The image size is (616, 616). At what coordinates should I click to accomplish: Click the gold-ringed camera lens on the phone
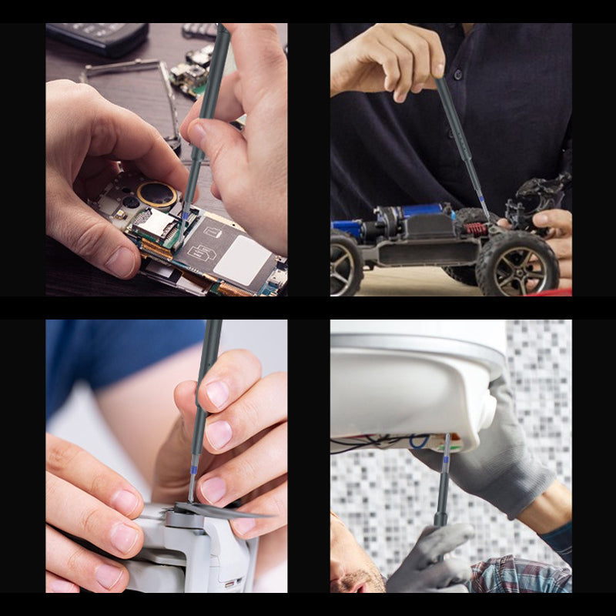pyautogui.click(x=156, y=194)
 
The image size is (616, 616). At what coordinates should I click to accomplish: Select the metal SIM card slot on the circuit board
pyautogui.click(x=154, y=224)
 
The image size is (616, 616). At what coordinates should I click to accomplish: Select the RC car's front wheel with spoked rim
pyautogui.click(x=517, y=264)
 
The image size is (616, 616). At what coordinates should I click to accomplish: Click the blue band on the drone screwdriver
pyautogui.click(x=193, y=465)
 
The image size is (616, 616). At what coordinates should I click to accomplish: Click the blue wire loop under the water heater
pyautogui.click(x=420, y=441)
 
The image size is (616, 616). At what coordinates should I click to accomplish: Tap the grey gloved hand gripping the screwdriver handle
pyautogui.click(x=431, y=554)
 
